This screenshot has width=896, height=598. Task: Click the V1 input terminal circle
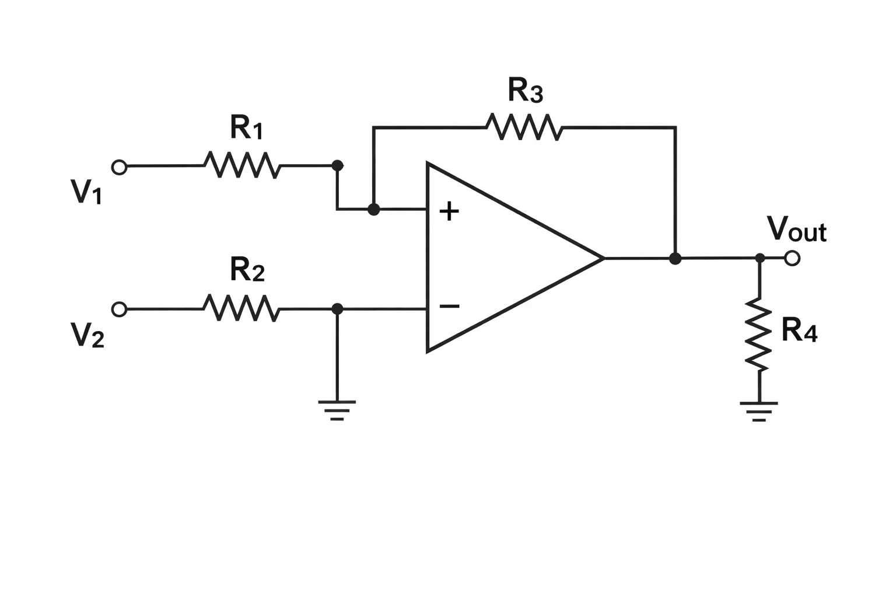119,166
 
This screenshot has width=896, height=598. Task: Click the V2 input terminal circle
119,309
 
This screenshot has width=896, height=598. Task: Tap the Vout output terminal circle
792,258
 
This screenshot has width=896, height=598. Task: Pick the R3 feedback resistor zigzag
524,127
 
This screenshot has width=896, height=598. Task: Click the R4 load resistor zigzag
758,334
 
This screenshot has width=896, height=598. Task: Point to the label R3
525,91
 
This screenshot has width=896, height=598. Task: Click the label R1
246,127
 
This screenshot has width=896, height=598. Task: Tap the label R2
247,269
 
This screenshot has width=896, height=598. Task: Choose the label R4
800,330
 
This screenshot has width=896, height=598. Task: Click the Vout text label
797,229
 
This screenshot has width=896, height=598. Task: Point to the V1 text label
86,192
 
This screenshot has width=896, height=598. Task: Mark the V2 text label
87,335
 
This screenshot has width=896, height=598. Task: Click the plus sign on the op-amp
449,211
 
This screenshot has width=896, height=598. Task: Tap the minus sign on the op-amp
449,307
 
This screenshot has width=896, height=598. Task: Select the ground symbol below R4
759,411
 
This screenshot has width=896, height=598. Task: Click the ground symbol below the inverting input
337,410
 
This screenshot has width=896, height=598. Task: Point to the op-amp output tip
604,258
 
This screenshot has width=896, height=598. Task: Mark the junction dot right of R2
338,309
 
